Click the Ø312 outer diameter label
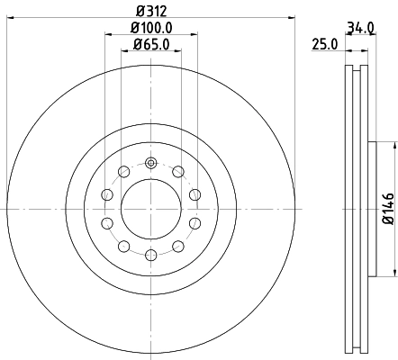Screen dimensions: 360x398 149,11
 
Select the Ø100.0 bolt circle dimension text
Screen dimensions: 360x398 149,28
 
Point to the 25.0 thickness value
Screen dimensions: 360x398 324,43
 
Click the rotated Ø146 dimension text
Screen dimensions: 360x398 387,209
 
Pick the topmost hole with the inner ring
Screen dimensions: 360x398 150,163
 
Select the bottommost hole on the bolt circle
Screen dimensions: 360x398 150,255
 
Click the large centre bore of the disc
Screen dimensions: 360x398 150,209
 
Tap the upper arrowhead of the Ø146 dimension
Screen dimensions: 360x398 393,144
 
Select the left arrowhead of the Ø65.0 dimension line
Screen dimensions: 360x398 123,51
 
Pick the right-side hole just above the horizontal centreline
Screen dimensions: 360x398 194,195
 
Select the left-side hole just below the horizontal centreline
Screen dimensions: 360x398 107,222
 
